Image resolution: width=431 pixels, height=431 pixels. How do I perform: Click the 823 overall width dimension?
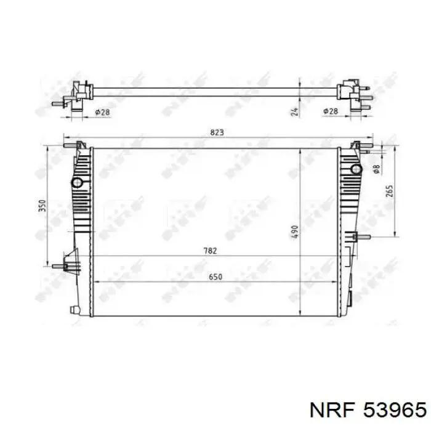point(216,132)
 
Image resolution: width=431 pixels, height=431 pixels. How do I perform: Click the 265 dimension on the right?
point(390,191)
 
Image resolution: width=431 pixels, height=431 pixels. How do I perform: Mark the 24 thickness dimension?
point(295,111)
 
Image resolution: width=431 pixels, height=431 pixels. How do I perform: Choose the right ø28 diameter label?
point(330,111)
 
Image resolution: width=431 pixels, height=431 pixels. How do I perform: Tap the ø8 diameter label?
point(376,169)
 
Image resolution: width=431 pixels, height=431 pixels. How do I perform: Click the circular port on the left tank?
point(77,183)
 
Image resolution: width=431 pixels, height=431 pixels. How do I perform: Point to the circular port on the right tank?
point(355,169)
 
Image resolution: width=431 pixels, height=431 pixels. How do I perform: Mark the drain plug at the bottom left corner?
point(75,308)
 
